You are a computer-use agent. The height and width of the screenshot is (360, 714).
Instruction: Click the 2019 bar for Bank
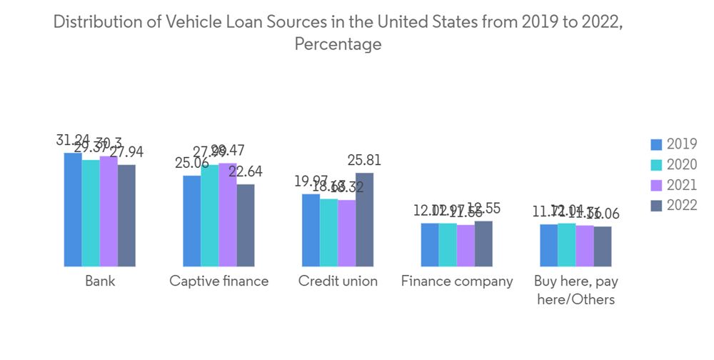pyautogui.click(x=73, y=209)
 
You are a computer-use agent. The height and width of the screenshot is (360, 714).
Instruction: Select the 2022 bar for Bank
pyautogui.click(x=126, y=215)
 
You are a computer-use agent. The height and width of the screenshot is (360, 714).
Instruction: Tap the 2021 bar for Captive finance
pyautogui.click(x=228, y=214)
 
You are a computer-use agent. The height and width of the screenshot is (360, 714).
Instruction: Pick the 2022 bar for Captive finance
pyautogui.click(x=246, y=225)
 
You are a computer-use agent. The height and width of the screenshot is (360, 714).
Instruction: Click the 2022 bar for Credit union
pyautogui.click(x=364, y=219)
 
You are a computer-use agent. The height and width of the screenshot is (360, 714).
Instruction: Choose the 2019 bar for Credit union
pyautogui.click(x=311, y=230)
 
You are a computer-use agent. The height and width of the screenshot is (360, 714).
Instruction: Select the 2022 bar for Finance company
pyautogui.click(x=483, y=244)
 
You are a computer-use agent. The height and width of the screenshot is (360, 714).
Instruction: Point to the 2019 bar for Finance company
pyautogui.click(x=430, y=244)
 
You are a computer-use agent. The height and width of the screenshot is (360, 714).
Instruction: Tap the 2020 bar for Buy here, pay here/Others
pyautogui.click(x=567, y=244)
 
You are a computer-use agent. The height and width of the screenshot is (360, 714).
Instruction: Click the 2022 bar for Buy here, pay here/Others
pyautogui.click(x=603, y=246)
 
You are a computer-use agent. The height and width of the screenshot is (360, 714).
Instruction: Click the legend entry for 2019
pyautogui.click(x=674, y=144)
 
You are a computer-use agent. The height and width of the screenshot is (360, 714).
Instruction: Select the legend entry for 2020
pyautogui.click(x=674, y=165)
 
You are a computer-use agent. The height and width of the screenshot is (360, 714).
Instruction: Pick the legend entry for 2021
pyautogui.click(x=674, y=185)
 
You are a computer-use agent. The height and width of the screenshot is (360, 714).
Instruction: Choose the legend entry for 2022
pyautogui.click(x=674, y=206)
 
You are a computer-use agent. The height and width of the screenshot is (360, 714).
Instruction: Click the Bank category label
pyautogui.click(x=100, y=281)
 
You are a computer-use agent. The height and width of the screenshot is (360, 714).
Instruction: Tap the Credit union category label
pyautogui.click(x=338, y=281)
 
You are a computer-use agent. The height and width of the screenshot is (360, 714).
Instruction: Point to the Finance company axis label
pyautogui.click(x=457, y=281)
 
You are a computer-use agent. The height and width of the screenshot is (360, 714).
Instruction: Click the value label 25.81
pyautogui.click(x=364, y=161)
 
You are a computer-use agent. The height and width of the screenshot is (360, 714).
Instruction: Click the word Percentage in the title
pyautogui.click(x=338, y=44)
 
